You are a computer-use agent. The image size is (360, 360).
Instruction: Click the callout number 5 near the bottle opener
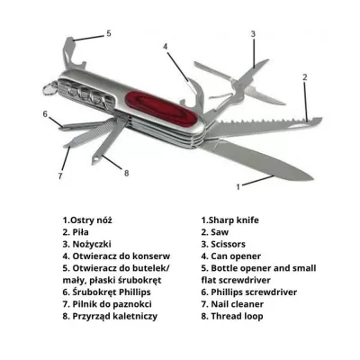[x=109, y=33]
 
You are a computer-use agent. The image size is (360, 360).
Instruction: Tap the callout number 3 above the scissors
[x=253, y=34]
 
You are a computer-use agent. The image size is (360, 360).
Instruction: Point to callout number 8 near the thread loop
[x=127, y=173]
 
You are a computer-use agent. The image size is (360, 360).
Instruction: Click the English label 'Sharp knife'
[x=232, y=218]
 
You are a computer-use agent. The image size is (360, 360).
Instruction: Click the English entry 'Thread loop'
[x=237, y=317]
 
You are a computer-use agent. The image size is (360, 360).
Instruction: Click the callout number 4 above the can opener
[x=165, y=46]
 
